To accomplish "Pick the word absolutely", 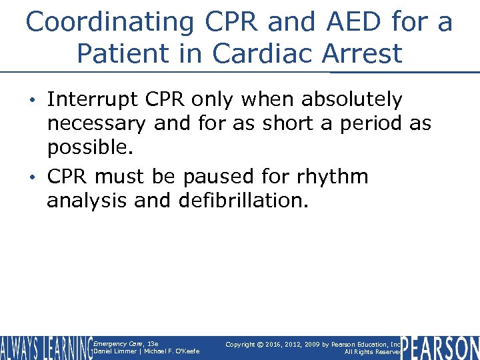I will [352, 100].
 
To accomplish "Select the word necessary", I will [97, 123].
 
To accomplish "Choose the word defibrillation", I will [244, 200].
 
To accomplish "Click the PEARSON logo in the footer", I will [441, 348].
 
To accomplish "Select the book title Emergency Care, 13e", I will [126, 343].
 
